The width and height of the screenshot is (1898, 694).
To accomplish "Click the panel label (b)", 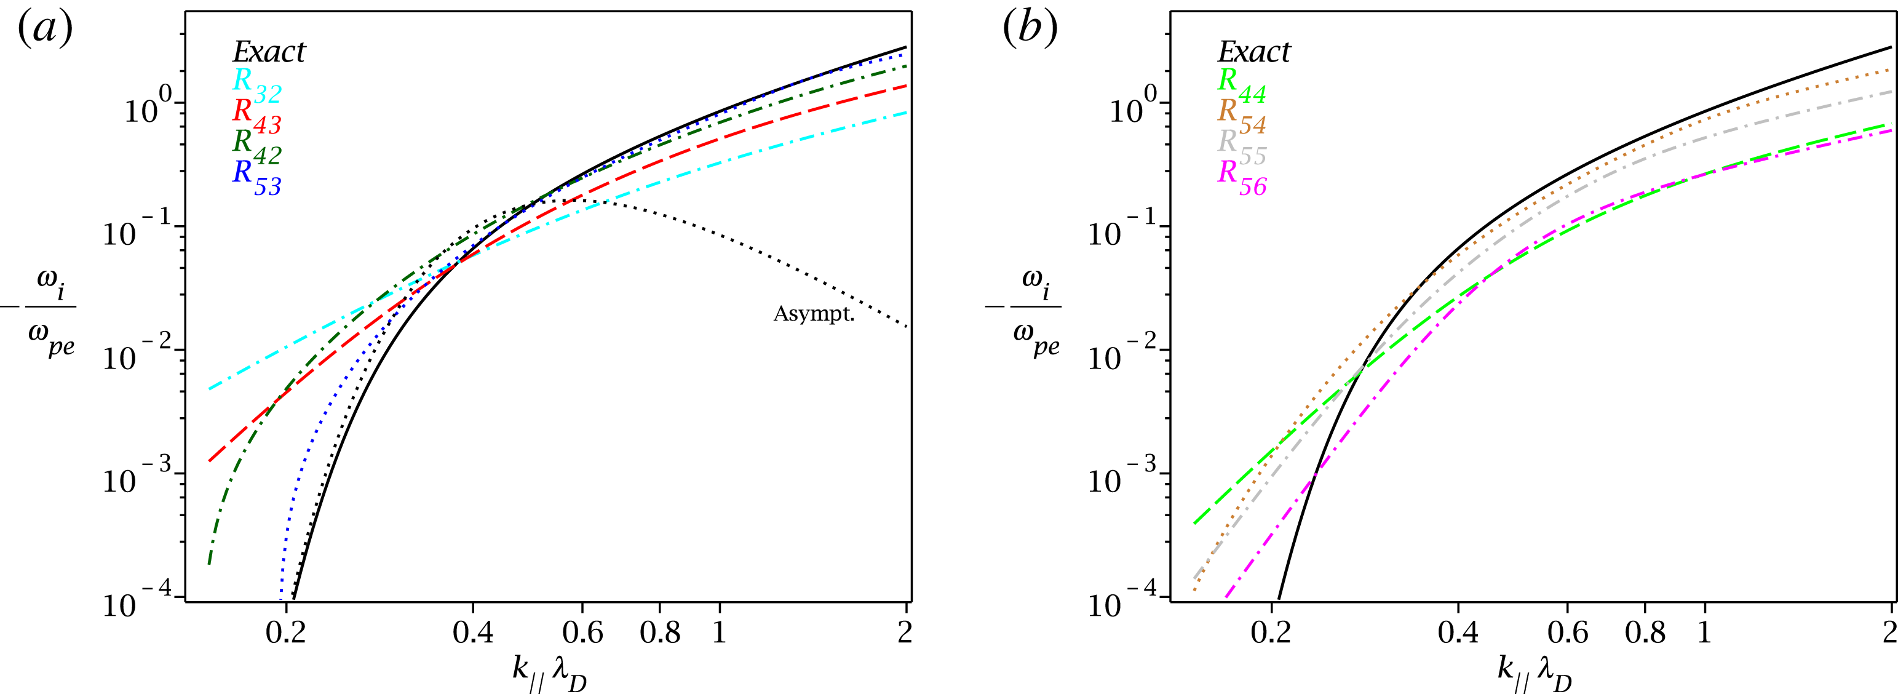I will click(x=1030, y=30).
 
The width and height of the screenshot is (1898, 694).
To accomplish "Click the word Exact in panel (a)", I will click(x=269, y=52).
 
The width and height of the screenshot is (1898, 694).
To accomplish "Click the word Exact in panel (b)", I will click(x=1253, y=52).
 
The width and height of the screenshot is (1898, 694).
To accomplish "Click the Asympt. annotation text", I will click(x=814, y=314).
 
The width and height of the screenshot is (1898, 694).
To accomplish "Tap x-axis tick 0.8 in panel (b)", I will click(x=1645, y=632).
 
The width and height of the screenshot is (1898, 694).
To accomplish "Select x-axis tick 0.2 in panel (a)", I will click(x=285, y=632).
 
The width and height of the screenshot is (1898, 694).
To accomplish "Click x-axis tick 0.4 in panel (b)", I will click(x=1458, y=632).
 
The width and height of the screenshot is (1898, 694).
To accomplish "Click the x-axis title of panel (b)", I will click(x=1535, y=672).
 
